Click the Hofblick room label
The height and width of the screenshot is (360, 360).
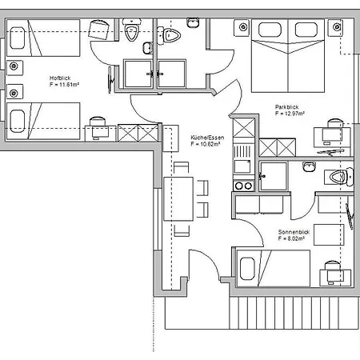click(60, 78)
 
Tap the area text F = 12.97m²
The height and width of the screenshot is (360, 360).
click(290, 114)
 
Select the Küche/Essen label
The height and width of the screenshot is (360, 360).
click(207, 138)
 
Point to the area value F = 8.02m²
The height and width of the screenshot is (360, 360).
click(291, 238)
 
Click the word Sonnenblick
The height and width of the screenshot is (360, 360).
click(294, 232)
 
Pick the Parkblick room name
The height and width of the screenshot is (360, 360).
click(286, 107)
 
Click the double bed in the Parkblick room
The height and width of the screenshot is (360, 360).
click(288, 56)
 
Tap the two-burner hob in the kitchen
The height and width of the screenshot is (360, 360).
click(243, 186)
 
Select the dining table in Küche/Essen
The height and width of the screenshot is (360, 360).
click(178, 199)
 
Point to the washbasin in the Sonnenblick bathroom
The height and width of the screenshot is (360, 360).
click(309, 166)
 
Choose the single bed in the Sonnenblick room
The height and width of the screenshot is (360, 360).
click(274, 268)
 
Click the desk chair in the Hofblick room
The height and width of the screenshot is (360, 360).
click(98, 122)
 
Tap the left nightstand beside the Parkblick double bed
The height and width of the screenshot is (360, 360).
click(242, 27)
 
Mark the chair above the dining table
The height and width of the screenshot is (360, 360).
click(182, 168)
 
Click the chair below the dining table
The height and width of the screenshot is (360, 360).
click(182, 230)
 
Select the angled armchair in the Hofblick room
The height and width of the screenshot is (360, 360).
click(98, 30)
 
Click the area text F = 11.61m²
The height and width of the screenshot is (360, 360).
click(64, 85)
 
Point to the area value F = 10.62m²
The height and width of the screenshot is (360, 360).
click(206, 144)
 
